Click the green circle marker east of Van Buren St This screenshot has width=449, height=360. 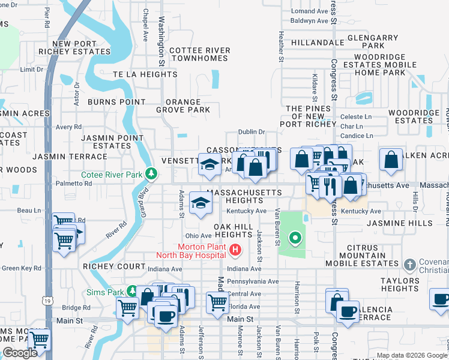(x=295, y=239)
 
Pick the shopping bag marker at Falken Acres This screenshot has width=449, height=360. (x=391, y=160)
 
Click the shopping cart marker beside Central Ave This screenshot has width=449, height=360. (x=217, y=302)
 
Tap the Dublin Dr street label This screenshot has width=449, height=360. (x=251, y=132)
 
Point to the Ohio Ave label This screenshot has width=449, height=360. (x=198, y=236)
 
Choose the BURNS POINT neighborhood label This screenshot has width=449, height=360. (x=116, y=102)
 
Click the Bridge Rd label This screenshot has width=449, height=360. (x=76, y=307)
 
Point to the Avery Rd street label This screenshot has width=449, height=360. (x=68, y=127)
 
